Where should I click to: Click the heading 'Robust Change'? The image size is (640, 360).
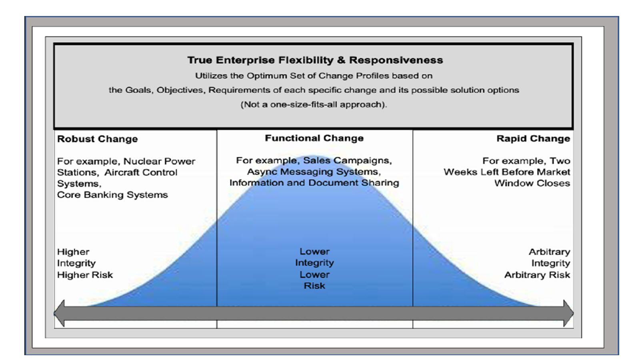[98, 139]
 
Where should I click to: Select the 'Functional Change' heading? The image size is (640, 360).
[314, 138]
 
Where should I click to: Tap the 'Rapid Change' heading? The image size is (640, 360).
[533, 138]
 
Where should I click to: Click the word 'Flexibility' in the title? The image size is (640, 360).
[306, 60]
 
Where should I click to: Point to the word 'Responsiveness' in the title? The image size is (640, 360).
[396, 60]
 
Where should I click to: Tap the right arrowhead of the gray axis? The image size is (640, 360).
[568, 313]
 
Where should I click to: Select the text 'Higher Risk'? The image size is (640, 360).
[85, 275]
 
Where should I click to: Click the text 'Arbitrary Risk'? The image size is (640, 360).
[537, 275]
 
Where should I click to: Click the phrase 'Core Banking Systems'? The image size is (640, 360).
[112, 195]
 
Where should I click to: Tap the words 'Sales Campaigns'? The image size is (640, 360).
[348, 160]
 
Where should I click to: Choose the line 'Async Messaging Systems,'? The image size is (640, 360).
[314, 172]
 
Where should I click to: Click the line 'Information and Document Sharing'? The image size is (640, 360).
[314, 183]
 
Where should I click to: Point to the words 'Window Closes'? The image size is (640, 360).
[532, 183]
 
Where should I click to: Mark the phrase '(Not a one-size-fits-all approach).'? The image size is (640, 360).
[314, 104]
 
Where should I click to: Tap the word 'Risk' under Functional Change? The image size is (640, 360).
[314, 286]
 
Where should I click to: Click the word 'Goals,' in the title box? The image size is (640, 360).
[138, 90]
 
